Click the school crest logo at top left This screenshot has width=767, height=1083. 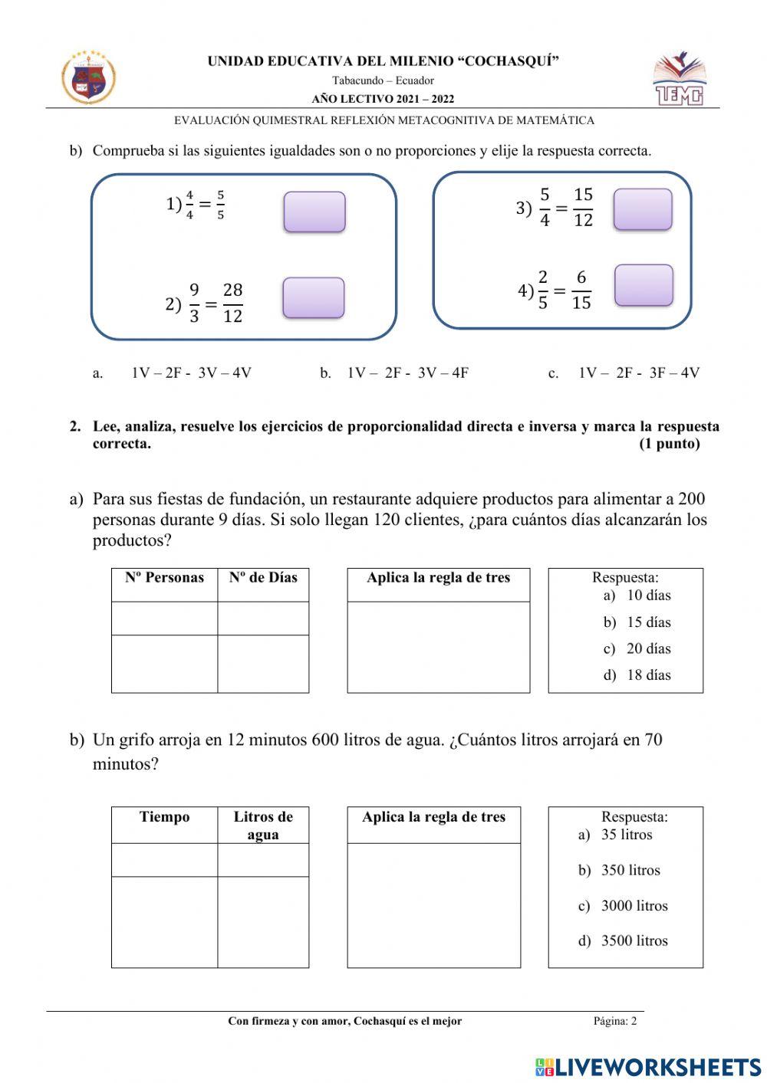click(88, 78)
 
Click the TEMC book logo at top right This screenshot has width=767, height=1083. click(679, 79)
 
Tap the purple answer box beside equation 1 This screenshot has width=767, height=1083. click(314, 212)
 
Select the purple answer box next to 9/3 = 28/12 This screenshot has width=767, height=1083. click(314, 298)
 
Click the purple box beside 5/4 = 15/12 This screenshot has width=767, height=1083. click(643, 209)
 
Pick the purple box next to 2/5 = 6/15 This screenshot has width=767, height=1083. click(644, 285)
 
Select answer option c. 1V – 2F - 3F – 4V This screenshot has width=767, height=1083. click(638, 373)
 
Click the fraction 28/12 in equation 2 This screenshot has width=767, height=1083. click(232, 303)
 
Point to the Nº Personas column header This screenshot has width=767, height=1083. click(164, 578)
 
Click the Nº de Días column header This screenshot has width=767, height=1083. click(263, 578)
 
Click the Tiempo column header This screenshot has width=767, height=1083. click(164, 817)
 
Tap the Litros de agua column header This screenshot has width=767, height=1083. click(263, 825)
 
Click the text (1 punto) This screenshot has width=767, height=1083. click(669, 445)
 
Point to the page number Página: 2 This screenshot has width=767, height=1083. click(614, 1021)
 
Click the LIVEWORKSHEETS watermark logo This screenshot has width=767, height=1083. click(648, 1067)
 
